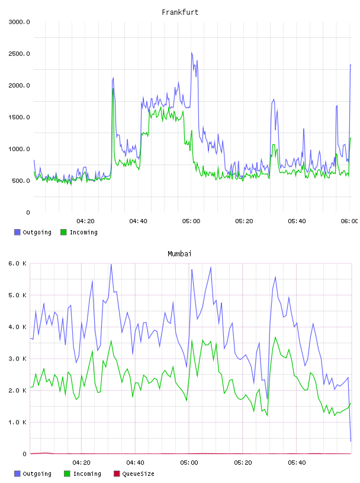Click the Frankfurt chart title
pyautogui.click(x=180, y=12)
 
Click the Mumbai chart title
pyautogui.click(x=179, y=254)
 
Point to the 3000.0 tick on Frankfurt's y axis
pyautogui.click(x=19, y=22)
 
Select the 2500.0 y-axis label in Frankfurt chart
pyautogui.click(x=19, y=54)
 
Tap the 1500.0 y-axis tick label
pyautogui.click(x=19, y=117)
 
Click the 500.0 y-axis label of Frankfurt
pyautogui.click(x=21, y=181)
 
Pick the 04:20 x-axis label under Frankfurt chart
pyautogui.click(x=85, y=221)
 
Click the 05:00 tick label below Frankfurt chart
pyautogui.click(x=191, y=221)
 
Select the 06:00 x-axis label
pyautogui.click(x=349, y=221)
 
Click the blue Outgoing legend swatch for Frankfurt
pyautogui.click(x=17, y=232)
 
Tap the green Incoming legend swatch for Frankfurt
pyautogui.click(x=63, y=232)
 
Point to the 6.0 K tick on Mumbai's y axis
pyautogui.click(x=18, y=263)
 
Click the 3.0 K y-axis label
pyautogui.click(x=18, y=359)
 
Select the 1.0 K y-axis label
pyautogui.click(x=18, y=422)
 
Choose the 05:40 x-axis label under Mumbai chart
pyautogui.click(x=297, y=462)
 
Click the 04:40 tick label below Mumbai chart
pyautogui.click(x=136, y=462)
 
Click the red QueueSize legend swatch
pyautogui.click(x=117, y=474)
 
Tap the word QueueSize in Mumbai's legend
pyautogui.click(x=138, y=474)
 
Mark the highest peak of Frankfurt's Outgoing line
pyautogui.click(x=192, y=52)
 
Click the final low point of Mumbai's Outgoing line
pyautogui.click(x=351, y=441)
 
